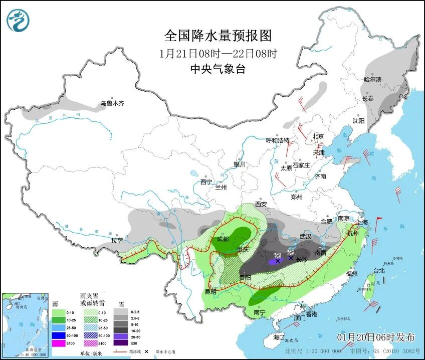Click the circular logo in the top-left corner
pyautogui.click(x=18, y=21)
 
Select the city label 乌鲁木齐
pyautogui.click(x=111, y=104)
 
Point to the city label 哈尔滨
pyautogui.click(x=372, y=80)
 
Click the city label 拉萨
pyautogui.click(x=117, y=241)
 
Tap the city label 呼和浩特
pyautogui.click(x=277, y=140)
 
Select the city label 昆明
pyautogui.click(x=210, y=291)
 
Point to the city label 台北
pyautogui.click(x=378, y=271)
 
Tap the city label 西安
pyautogui.click(x=261, y=204)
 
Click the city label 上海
pyautogui.click(x=361, y=222)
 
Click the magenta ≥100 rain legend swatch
pyautogui.click(x=59, y=343)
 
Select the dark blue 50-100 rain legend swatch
pyautogui.click(x=59, y=335)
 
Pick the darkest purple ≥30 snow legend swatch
pyautogui.click(x=120, y=343)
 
